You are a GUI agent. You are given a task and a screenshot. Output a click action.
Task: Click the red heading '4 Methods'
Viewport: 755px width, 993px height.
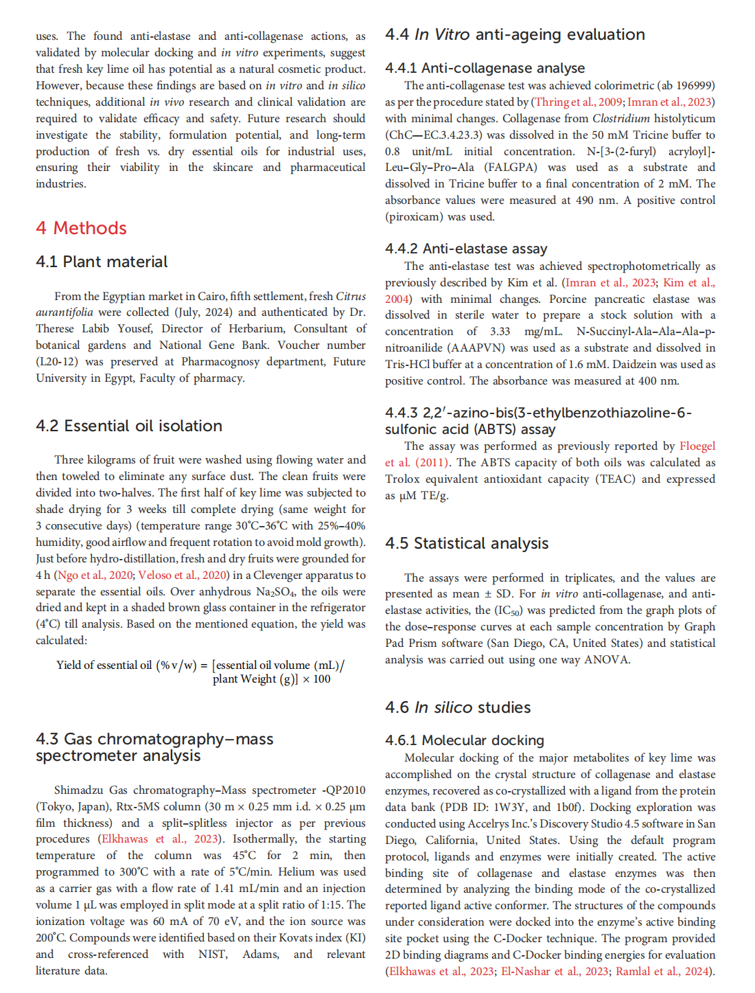tap(81, 228)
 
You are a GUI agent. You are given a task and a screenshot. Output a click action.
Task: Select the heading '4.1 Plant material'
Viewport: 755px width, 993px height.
tap(102, 262)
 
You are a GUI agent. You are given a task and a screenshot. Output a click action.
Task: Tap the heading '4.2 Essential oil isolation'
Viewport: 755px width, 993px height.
tap(129, 426)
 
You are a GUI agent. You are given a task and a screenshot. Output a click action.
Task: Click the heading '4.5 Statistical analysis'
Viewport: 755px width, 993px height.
tap(467, 543)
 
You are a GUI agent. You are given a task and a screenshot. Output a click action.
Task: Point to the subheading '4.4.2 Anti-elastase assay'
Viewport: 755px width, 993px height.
tap(466, 249)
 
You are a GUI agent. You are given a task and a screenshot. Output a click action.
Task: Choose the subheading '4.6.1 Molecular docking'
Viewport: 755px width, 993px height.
tap(464, 740)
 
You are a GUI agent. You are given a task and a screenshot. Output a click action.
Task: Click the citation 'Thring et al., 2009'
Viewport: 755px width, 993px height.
tap(578, 102)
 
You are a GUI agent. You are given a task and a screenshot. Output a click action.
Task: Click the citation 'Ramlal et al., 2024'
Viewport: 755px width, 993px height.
tap(662, 971)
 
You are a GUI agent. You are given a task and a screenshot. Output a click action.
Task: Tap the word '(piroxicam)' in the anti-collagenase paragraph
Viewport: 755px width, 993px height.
tap(413, 216)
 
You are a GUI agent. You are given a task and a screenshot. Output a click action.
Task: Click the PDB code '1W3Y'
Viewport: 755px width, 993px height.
tap(513, 807)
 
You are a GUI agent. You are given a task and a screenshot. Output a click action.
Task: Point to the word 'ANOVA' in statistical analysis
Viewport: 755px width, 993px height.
tap(607, 659)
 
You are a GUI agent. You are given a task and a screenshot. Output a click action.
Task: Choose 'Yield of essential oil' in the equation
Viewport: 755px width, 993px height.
tap(104, 665)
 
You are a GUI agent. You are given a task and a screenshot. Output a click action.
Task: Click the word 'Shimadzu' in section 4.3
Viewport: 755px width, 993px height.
tap(80, 790)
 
